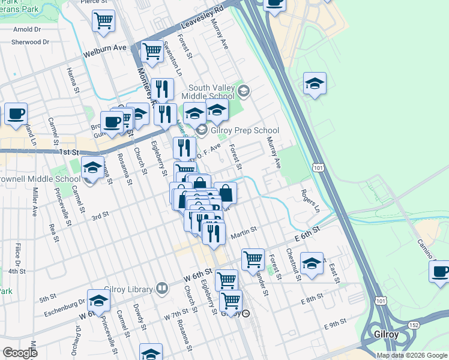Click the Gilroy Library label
(128, 289)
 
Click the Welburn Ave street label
(106, 47)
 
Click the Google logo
(20, 353)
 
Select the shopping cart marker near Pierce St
(103, 22)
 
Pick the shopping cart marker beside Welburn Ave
(152, 52)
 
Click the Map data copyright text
(411, 355)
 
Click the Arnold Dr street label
(27, 29)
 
